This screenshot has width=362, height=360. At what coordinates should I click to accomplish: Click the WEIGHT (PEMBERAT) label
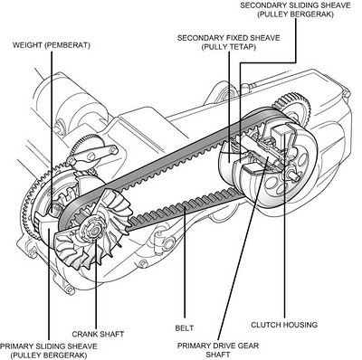(x=52, y=45)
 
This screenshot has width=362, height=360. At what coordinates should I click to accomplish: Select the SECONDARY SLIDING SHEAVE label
(x=295, y=10)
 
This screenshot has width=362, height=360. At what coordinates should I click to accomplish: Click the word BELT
(x=185, y=328)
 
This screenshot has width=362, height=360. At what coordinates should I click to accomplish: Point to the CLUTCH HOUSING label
(x=284, y=325)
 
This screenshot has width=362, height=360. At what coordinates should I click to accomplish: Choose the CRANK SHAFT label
(x=98, y=334)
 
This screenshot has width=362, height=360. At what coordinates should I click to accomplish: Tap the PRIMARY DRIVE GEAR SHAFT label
(x=218, y=350)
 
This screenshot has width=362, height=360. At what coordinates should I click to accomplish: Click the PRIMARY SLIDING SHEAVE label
(x=49, y=350)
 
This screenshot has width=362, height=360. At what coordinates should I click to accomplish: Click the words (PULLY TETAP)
(x=229, y=47)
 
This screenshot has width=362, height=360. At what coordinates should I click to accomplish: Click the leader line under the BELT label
(x=185, y=261)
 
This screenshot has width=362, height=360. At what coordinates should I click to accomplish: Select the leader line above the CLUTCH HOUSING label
(x=284, y=226)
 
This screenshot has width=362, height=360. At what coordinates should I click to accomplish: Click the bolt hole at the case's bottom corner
(x=70, y=290)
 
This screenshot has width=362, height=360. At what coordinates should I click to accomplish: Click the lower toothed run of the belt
(x=185, y=209)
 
